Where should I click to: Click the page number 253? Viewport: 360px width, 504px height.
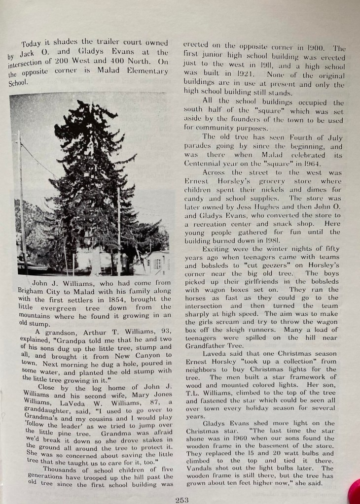[182, 500]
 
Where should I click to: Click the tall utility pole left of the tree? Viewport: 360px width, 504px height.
[21, 197]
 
